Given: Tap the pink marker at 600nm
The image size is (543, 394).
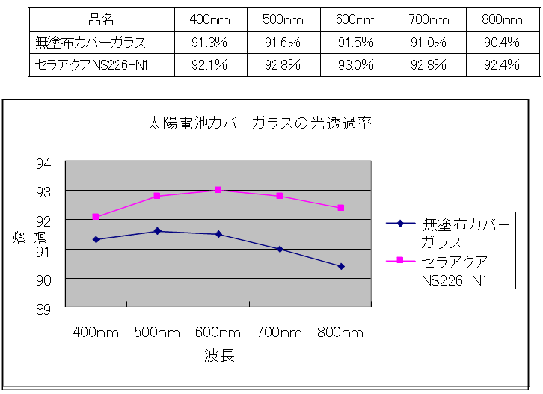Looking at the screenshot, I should coord(218,190).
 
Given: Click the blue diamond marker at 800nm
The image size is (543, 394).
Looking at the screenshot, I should coord(341,266).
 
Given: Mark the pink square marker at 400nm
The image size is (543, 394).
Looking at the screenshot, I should coord(96,217).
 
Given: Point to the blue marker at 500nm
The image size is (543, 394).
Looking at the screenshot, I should coord(157,231).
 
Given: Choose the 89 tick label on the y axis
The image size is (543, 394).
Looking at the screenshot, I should coord(45,308).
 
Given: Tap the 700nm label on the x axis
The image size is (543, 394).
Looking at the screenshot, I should coord(279,333).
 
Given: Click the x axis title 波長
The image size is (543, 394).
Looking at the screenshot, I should coord(219,357).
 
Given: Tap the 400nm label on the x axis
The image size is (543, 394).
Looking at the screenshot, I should coord(96,333).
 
